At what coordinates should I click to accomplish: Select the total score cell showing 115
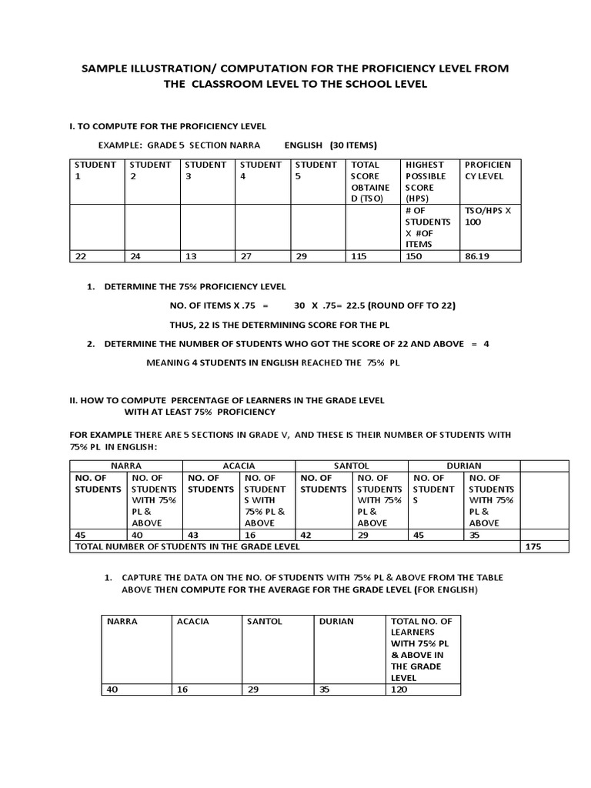point(359,256)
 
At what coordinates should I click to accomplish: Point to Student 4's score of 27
point(247,256)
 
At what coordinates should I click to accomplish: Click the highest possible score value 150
point(414,256)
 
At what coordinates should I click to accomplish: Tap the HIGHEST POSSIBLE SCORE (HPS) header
point(425,182)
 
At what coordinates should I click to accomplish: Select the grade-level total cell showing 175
point(533,547)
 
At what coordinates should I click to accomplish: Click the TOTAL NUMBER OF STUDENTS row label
point(186,547)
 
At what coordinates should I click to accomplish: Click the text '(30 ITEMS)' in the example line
point(354,145)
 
